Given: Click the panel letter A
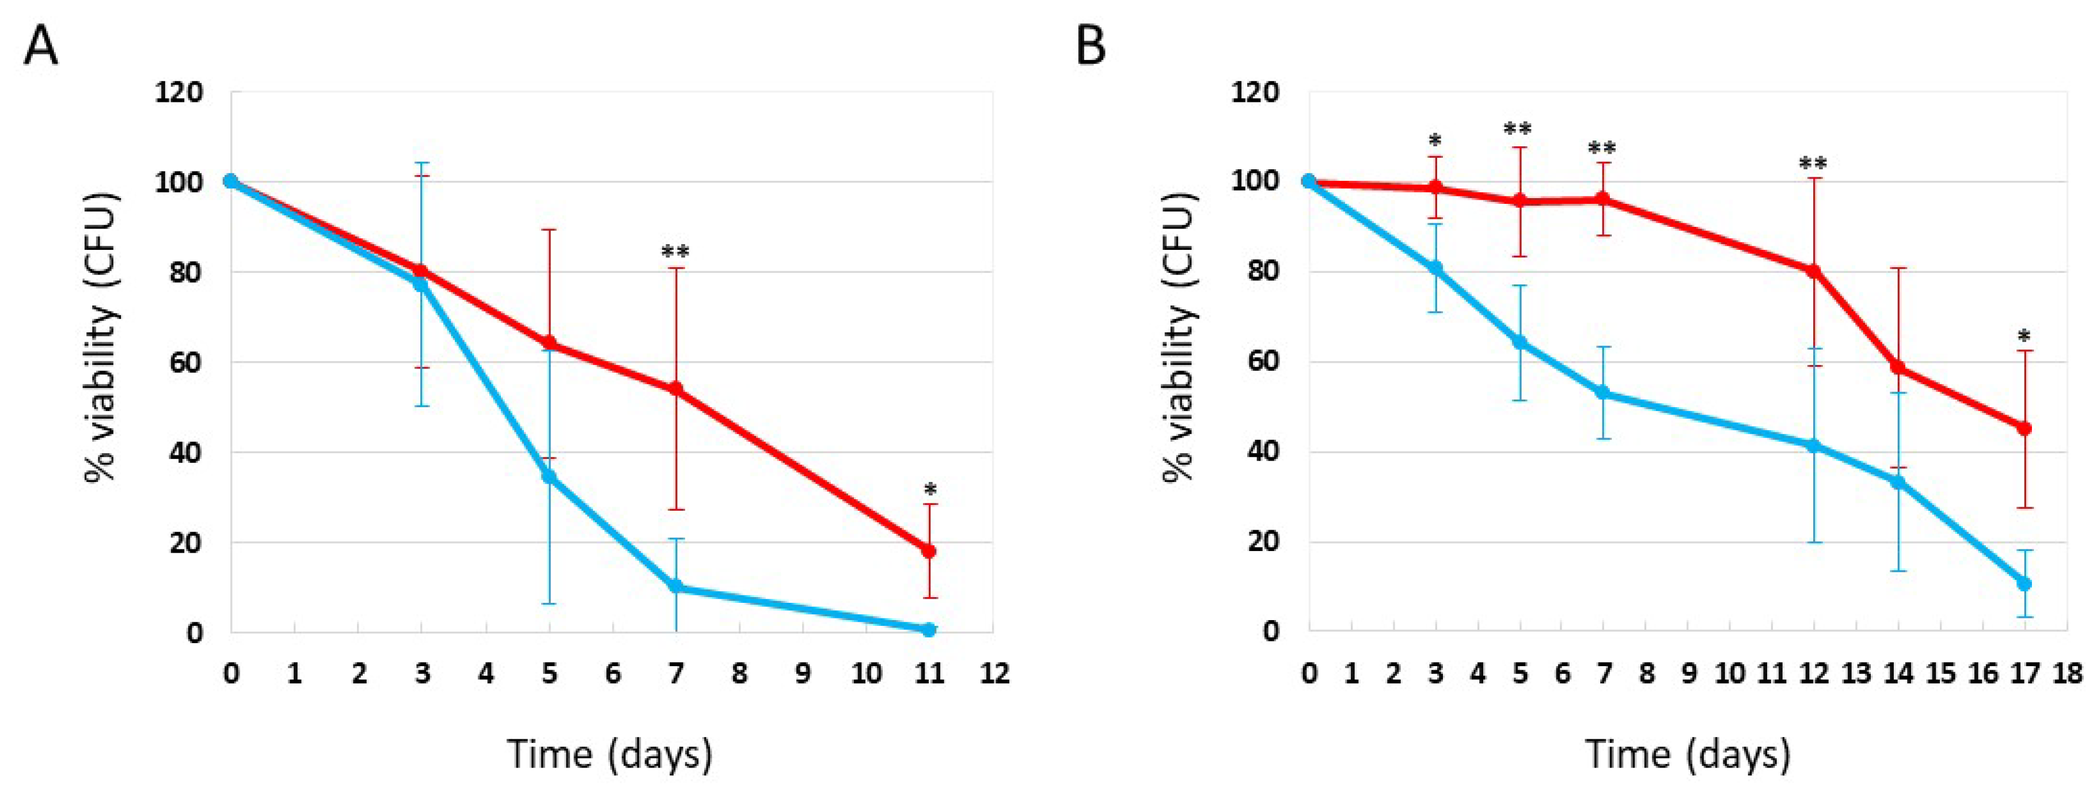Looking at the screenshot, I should click(x=41, y=46).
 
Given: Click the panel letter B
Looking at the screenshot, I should click(x=1091, y=46).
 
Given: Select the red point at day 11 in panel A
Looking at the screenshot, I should click(x=929, y=551).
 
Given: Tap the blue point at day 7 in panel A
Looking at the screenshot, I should click(x=675, y=586).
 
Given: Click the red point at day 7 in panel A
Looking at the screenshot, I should click(x=675, y=389).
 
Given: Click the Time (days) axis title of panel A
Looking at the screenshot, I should click(x=610, y=753).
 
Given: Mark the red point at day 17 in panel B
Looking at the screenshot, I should click(x=2024, y=428).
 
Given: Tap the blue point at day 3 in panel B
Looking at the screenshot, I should click(x=1435, y=267).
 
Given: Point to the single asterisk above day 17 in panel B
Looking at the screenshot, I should click(x=2024, y=336).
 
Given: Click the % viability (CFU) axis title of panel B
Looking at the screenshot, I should click(x=1180, y=337).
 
